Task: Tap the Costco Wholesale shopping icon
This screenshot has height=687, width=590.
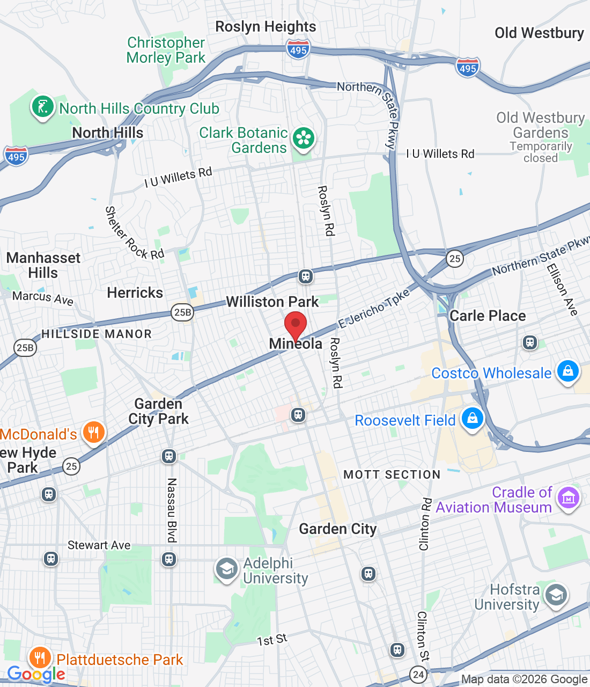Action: pos(567,371)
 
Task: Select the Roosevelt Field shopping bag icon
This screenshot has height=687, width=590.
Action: pos(472,418)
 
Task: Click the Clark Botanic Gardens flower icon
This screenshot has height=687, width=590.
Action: pos(303,138)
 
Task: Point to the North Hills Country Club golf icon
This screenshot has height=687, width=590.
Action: pos(43,107)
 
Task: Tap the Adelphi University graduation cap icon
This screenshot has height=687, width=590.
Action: pos(226,569)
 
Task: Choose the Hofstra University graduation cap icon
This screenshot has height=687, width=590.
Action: pos(556,595)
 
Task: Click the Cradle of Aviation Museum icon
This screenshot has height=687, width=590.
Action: pos(569,498)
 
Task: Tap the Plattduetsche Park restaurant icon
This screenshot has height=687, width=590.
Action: pos(40,658)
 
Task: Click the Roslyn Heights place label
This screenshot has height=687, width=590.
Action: pos(265,26)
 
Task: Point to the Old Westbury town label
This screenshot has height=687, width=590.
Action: pos(539,33)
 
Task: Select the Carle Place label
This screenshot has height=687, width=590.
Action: pos(488,316)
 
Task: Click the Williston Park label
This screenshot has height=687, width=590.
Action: pos(272,302)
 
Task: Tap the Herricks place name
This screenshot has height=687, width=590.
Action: pos(135,293)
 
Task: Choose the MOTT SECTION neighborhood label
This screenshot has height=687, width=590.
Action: pos(392,474)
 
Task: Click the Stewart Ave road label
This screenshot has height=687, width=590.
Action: pos(99,545)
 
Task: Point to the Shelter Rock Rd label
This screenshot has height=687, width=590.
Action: pos(134,233)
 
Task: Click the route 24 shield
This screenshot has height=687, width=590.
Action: pos(418,674)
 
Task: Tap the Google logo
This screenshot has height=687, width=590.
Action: pos(36,674)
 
